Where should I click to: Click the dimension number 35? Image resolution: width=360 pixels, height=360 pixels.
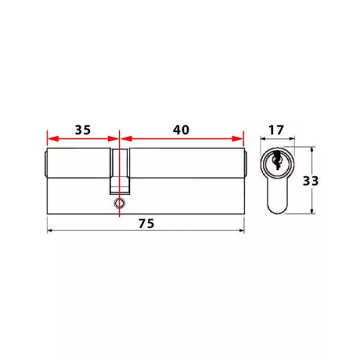coord(83,130)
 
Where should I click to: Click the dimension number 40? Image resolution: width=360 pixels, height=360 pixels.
coord(181,130)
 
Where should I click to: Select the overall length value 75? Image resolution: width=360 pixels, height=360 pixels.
coord(146,224)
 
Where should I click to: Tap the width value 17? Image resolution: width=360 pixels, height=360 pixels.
coord(276,130)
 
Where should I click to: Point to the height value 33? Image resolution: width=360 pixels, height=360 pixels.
coord(310,181)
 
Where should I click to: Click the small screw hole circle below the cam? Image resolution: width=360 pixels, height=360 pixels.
coord(120,203)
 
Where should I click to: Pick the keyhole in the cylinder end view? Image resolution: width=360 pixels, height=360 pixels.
coord(277,161)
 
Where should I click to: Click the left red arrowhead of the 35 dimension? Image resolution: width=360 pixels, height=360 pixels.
coord(53,138)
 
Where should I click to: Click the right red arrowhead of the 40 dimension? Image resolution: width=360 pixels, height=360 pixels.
coord(238,138)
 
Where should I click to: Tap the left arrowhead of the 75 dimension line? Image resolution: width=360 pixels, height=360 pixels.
coord(50,230)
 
